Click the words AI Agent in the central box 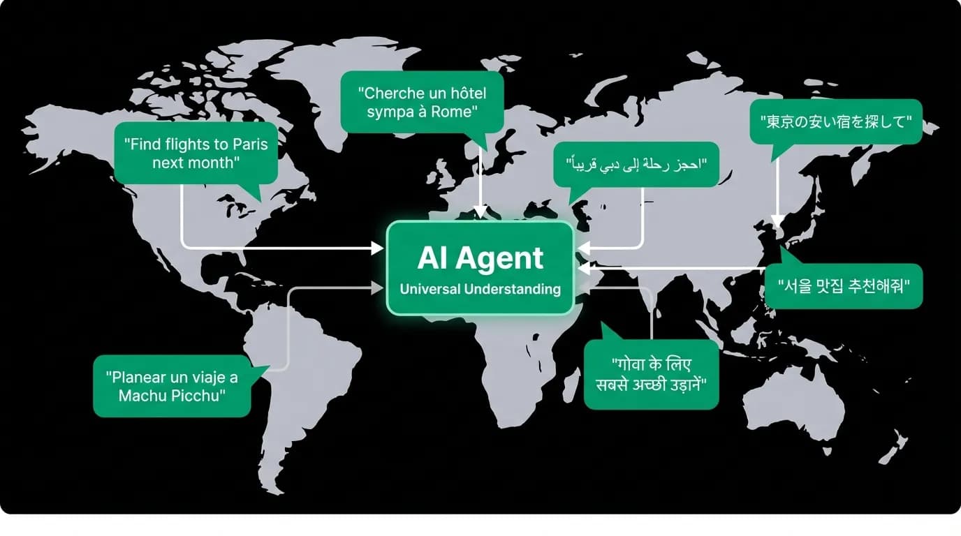point(480,258)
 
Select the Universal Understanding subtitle point(480,289)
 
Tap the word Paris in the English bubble point(250,144)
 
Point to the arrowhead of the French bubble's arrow point(480,213)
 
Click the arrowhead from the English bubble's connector point(378,248)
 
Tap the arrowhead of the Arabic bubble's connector point(584,248)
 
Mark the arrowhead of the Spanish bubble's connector point(378,288)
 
